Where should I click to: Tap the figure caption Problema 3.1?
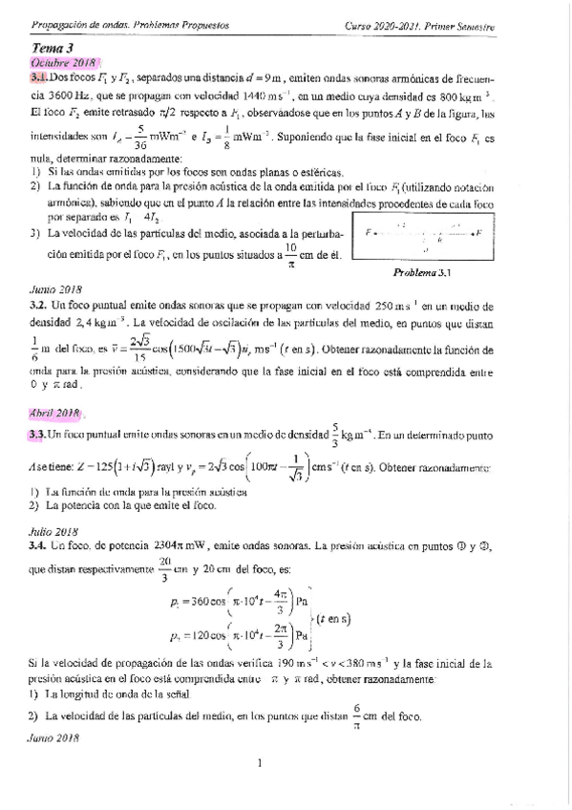tap(420, 272)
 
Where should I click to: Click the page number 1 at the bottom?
tap(259, 762)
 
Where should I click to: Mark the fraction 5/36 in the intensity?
tap(140, 138)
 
